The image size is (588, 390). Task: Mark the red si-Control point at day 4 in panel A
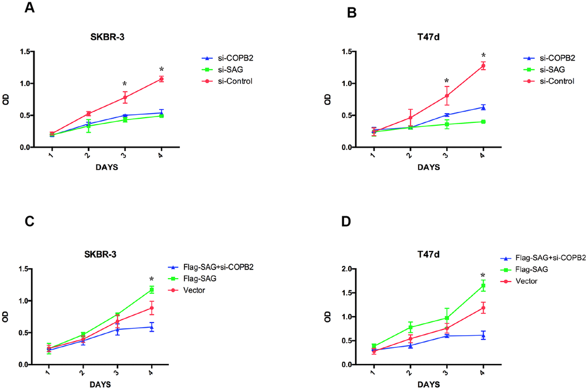coord(161,79)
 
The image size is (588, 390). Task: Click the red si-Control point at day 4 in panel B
coord(483,66)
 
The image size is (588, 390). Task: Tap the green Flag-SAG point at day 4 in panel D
coord(483,286)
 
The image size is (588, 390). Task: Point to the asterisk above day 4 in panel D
coord(483,275)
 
